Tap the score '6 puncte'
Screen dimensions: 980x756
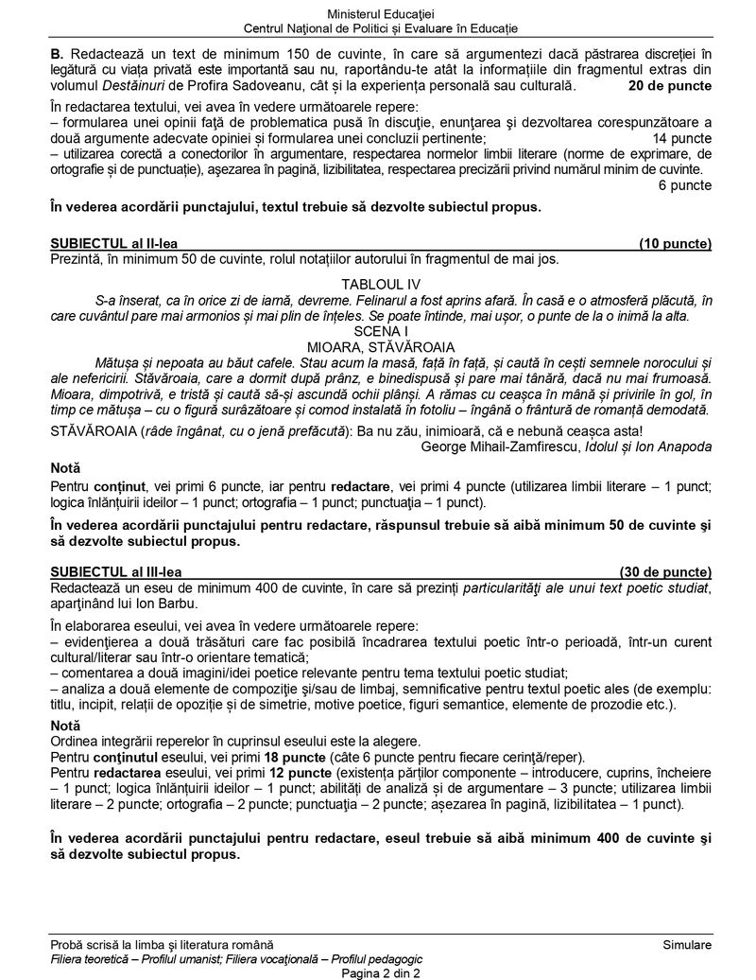(684, 185)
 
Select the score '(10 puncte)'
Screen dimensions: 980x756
(675, 243)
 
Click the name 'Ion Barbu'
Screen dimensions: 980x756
(167, 604)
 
